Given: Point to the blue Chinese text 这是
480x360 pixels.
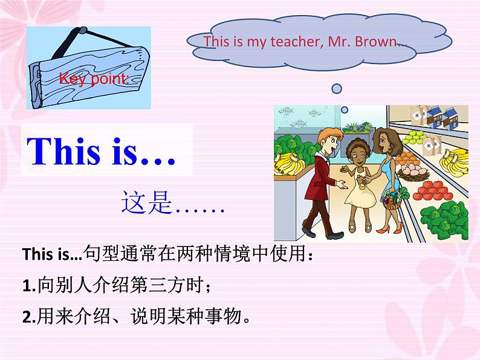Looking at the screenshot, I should (x=147, y=202).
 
